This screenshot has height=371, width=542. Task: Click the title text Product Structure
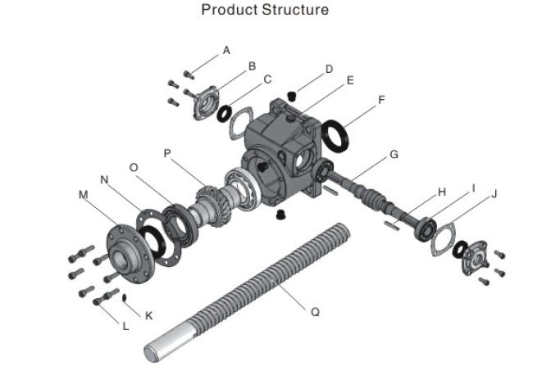click(265, 11)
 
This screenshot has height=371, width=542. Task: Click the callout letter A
click(226, 50)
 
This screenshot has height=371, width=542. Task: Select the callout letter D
click(328, 69)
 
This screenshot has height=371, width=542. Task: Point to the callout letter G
click(394, 153)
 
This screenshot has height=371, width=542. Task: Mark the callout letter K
click(148, 314)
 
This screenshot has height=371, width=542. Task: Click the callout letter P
click(168, 152)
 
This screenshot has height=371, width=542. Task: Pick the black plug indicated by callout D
click(292, 98)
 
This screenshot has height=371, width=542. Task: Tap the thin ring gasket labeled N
click(155, 238)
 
